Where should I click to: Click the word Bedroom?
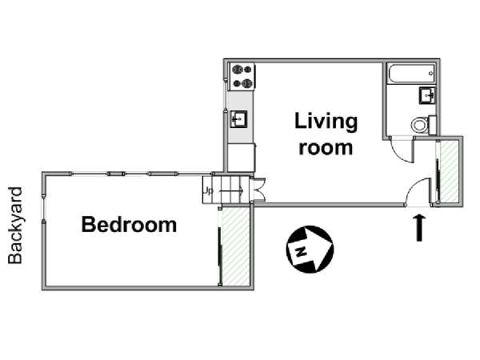point(129,224)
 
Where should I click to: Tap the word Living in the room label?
point(326,122)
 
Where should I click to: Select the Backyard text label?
point(15,226)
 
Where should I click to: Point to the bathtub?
point(411,73)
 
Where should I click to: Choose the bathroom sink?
point(427,95)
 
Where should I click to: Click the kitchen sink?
point(238,119)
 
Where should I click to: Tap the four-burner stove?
point(242,76)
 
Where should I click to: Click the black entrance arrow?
point(419,228)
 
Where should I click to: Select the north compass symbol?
point(310,249)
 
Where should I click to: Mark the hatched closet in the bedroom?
point(236,246)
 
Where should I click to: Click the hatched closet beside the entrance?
point(449,171)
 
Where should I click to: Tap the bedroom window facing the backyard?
point(44,208)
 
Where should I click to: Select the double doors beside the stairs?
point(258,190)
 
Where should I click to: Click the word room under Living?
point(326,148)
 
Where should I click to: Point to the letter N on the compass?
point(302,252)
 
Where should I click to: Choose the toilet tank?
point(432,125)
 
